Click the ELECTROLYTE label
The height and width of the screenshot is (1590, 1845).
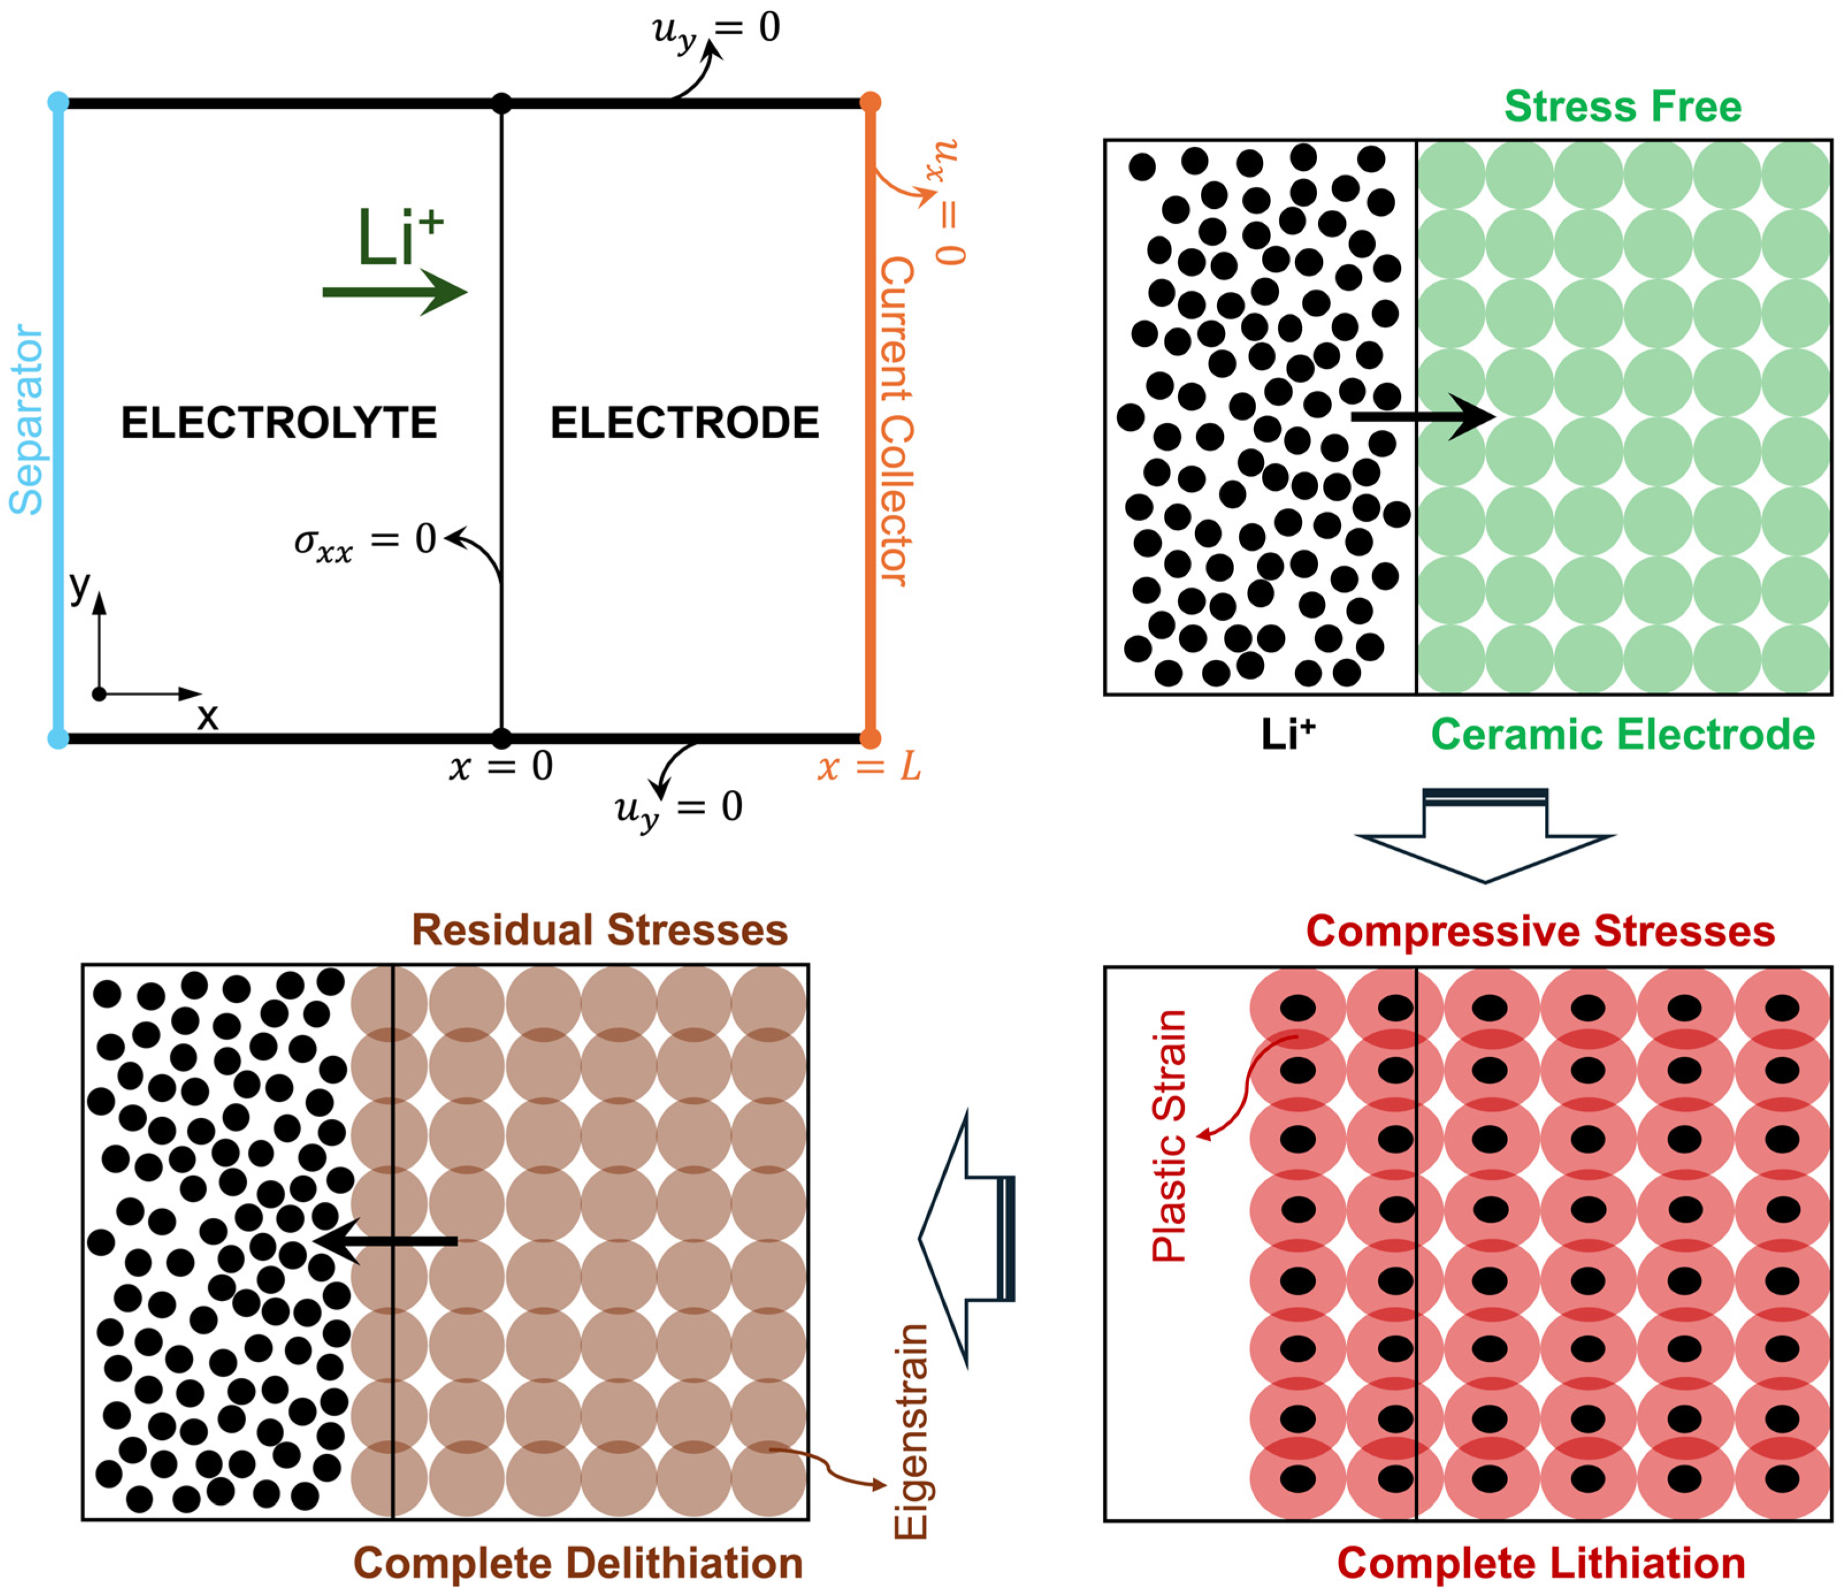279,422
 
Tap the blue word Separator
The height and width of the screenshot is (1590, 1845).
26,419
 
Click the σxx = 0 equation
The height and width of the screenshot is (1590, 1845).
365,541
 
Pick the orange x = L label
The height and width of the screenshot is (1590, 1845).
869,767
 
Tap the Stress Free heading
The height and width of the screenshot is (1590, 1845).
1622,107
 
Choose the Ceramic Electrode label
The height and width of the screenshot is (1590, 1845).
1622,735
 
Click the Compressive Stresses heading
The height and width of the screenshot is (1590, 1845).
1540,932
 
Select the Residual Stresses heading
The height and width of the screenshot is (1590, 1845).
599,930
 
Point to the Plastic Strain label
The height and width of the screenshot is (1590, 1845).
1169,1136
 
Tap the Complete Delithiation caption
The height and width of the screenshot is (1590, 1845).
578,1564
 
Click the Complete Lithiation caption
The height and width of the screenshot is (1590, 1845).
1540,1564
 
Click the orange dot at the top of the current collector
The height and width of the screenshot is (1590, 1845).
871,102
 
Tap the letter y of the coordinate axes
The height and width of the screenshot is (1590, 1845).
80,587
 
